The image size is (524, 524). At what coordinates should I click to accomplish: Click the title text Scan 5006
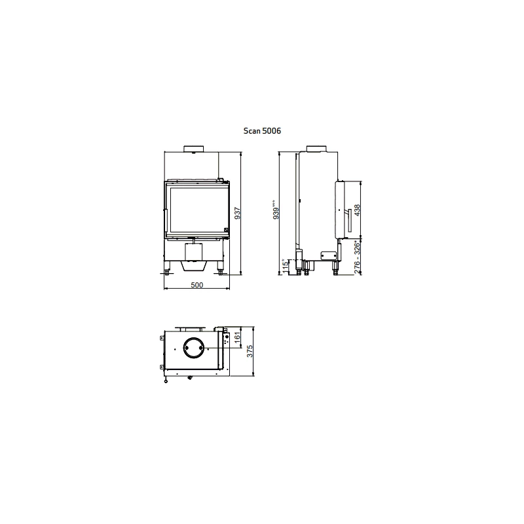[x=262, y=130]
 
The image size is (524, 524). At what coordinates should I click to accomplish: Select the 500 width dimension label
[x=197, y=285]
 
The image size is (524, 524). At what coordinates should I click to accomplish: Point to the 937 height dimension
[x=237, y=214]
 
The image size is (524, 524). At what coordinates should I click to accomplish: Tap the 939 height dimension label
[x=276, y=210]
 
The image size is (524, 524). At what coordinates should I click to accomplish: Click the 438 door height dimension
[x=357, y=210]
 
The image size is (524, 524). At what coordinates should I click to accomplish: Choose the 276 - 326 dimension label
[x=357, y=257]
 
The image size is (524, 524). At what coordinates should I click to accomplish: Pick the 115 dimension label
[x=285, y=267]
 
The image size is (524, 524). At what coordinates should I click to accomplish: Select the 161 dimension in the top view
[x=237, y=337]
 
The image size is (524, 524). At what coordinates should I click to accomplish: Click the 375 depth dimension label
[x=250, y=351]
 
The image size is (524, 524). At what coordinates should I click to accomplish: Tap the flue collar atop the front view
[x=193, y=149]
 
